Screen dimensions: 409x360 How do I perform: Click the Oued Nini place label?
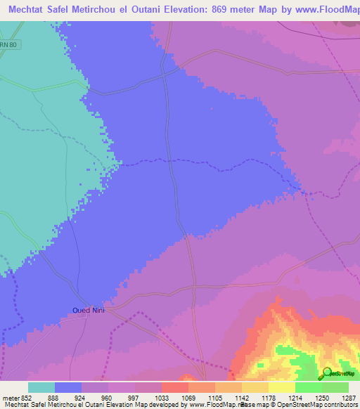[x=88, y=310]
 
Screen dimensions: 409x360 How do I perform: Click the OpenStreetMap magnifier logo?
[x=328, y=372]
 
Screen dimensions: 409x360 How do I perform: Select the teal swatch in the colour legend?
[x=41, y=388]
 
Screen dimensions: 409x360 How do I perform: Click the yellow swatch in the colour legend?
[x=282, y=388]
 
